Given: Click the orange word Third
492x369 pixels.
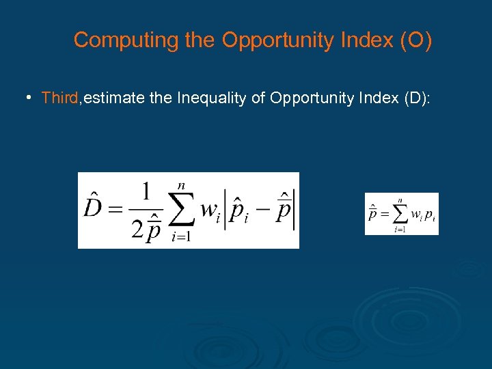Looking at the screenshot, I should click(x=60, y=98).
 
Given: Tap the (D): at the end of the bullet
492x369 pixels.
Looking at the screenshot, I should click(x=416, y=98).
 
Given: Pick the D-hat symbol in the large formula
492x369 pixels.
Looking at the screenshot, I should click(x=94, y=207).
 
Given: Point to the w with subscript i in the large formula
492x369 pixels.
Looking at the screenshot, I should click(x=210, y=210).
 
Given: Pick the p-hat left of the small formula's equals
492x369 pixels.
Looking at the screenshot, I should click(x=373, y=213).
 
